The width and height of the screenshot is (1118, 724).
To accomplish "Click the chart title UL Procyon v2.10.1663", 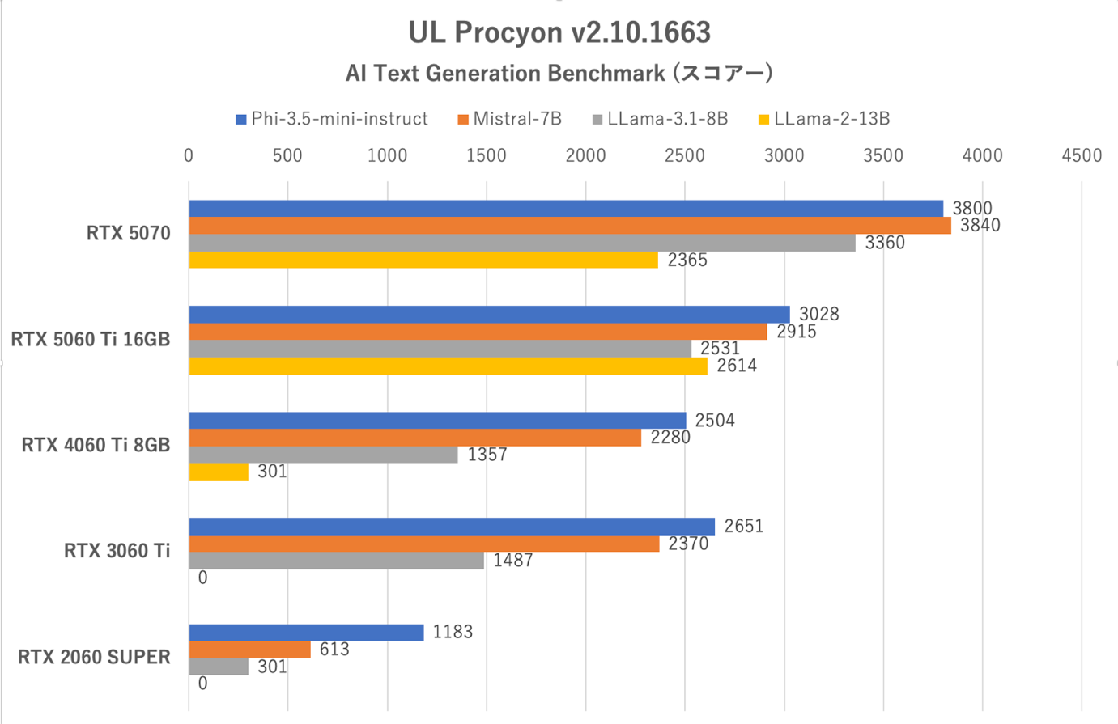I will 559,32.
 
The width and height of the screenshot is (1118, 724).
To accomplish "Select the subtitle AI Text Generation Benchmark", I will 559,74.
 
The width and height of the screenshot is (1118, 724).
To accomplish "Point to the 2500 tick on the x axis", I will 685,155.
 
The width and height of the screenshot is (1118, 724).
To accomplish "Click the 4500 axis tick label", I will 1082,155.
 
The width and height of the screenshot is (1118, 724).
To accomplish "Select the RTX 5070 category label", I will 129,234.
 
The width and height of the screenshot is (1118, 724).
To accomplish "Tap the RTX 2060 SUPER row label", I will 95,657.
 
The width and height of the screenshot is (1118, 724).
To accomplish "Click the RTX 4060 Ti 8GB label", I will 96,445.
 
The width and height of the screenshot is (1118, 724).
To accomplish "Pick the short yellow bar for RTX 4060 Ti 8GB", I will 219,472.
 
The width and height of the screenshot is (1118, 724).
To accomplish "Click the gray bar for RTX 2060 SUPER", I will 219,667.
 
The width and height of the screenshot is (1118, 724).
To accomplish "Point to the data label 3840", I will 980,226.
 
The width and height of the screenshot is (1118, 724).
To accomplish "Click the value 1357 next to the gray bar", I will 487,455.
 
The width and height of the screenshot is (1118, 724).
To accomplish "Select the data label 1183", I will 453,632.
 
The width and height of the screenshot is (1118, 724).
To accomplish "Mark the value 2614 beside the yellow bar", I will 737,366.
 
